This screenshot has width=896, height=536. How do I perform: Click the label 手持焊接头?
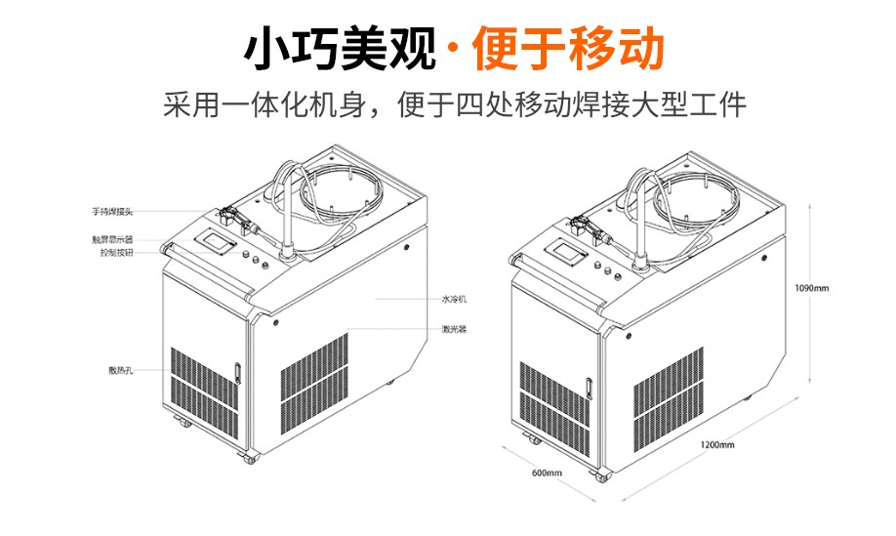click(112, 212)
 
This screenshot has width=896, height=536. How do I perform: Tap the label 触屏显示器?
click(112, 240)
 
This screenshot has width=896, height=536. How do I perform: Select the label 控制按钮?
click(116, 253)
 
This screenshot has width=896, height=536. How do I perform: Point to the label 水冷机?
click(454, 299)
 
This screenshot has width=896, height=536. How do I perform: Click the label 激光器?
click(454, 329)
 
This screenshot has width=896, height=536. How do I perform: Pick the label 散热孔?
click(121, 370)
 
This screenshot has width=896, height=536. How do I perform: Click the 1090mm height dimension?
click(811, 288)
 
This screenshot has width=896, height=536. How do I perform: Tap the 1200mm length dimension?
click(717, 444)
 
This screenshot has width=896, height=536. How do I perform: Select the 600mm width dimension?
click(547, 473)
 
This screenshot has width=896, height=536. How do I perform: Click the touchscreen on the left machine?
click(215, 241)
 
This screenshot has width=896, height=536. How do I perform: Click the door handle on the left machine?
click(238, 372)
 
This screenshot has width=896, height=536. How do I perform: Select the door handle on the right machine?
click(588, 387)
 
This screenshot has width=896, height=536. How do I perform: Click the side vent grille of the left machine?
click(314, 382)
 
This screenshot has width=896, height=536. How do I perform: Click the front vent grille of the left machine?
click(204, 393)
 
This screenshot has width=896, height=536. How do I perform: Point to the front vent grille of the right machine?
click(554, 408)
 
